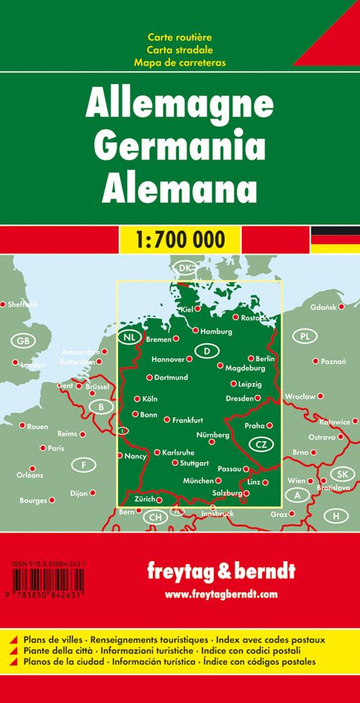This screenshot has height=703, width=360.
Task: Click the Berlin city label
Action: coord(265,358)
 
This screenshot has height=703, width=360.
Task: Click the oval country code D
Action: coord(207,351)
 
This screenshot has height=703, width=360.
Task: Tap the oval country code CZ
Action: coord(261,444)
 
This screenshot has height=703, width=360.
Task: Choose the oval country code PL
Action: coord(307,336)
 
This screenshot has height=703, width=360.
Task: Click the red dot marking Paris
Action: coord(42,448)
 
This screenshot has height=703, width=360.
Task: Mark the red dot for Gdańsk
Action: coord(341,307)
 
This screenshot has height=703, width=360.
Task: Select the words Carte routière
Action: coord(179,37)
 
